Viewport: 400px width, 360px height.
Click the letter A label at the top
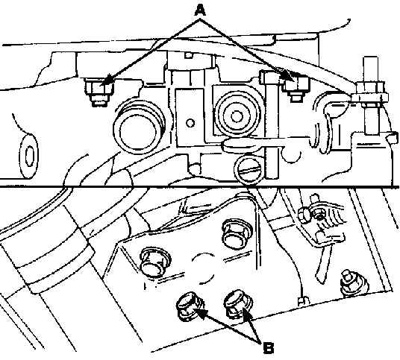click(200, 10)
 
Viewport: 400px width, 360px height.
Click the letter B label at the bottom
click(269, 348)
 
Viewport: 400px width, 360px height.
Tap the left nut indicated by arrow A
click(99, 92)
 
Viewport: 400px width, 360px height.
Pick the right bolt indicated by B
click(238, 304)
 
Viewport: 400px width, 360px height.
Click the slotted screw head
click(249, 170)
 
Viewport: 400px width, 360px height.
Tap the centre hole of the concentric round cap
click(236, 117)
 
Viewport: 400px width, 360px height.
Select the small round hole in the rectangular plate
click(190, 123)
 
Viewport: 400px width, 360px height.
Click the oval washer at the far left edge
click(29, 156)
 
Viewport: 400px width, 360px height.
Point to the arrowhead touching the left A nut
click(107, 80)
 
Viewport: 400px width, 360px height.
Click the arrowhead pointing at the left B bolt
click(200, 313)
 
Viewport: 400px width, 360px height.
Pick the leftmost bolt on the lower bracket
click(154, 262)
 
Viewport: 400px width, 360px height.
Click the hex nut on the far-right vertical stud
click(370, 87)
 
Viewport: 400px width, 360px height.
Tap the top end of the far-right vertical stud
click(370, 57)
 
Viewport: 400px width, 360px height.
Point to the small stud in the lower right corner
click(354, 282)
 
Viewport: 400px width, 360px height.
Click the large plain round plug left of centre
click(138, 130)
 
